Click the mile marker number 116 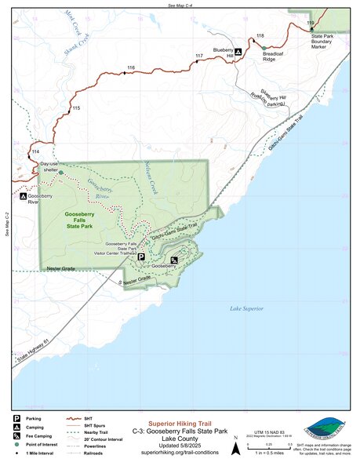(130, 68)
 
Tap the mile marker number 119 (311, 24)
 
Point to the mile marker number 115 (76, 107)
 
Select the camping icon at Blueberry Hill (238, 52)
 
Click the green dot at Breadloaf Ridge (264, 48)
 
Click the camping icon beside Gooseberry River (24, 196)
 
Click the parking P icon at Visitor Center (141, 257)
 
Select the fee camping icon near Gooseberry (174, 260)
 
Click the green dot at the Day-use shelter (62, 172)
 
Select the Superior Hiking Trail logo (324, 429)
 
